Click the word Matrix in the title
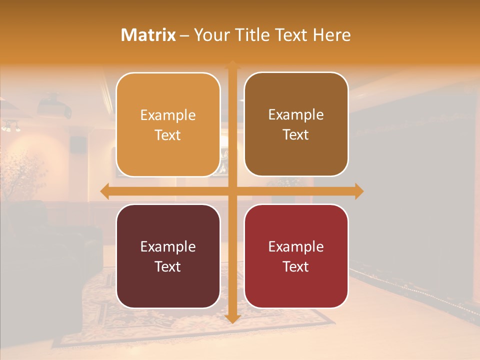click(x=148, y=35)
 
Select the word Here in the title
click(x=331, y=35)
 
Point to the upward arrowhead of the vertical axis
click(x=232, y=64)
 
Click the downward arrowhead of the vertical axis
click(x=232, y=318)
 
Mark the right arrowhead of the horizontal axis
click(x=359, y=191)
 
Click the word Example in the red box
click(x=296, y=247)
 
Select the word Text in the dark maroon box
click(x=168, y=266)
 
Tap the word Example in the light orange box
click(x=168, y=115)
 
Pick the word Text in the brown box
click(x=296, y=135)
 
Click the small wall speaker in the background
click(x=77, y=144)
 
